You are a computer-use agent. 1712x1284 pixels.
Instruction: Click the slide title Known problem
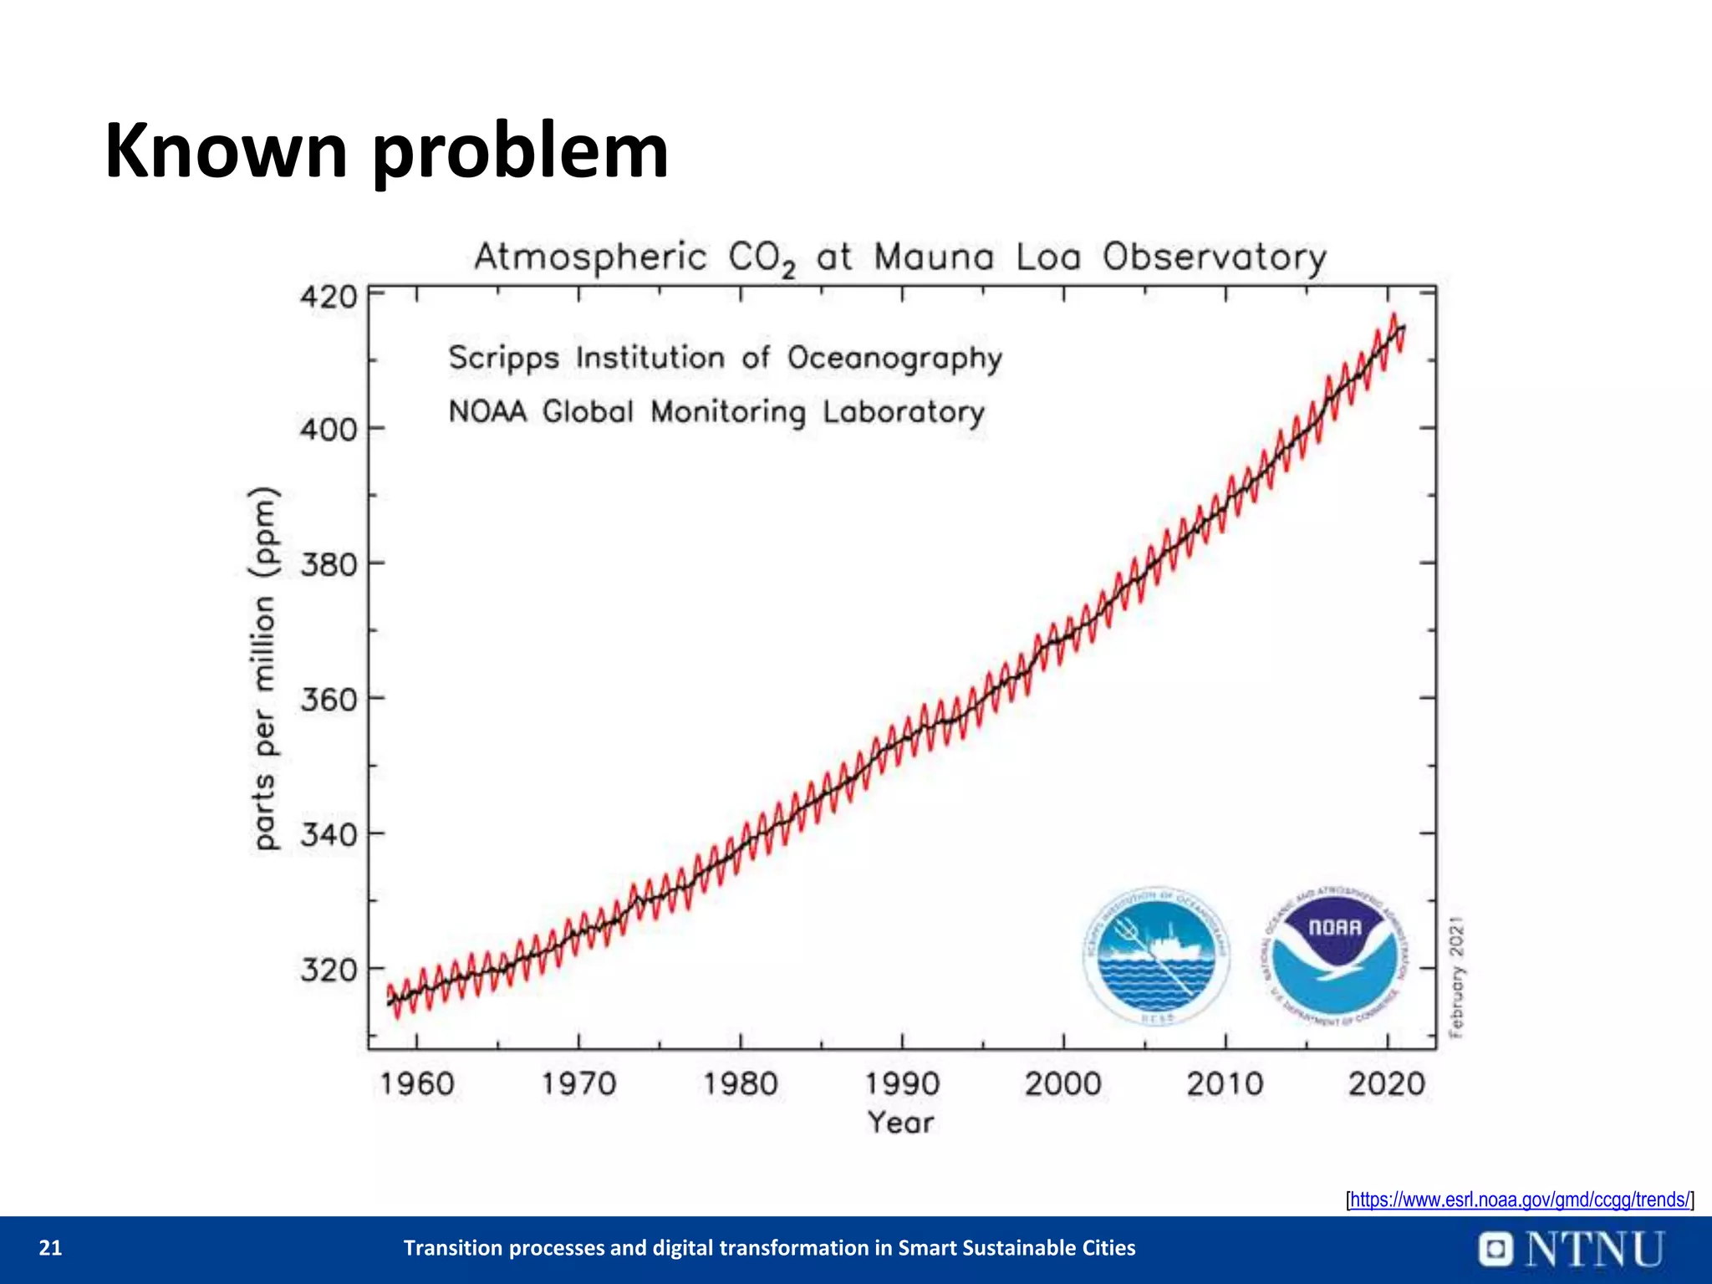tap(386, 152)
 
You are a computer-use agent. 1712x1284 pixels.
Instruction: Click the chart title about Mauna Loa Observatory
tap(900, 257)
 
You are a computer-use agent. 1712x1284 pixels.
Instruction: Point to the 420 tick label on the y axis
tap(329, 297)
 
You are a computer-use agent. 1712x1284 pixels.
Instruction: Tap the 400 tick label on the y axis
tap(329, 430)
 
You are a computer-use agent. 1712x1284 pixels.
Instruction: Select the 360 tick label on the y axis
tap(329, 699)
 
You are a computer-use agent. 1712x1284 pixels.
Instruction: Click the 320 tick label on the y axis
tap(329, 970)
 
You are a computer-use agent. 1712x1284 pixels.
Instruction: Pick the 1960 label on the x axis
tap(417, 1084)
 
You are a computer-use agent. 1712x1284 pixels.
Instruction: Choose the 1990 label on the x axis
tap(902, 1084)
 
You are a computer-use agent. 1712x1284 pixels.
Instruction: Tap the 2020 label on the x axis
tap(1386, 1084)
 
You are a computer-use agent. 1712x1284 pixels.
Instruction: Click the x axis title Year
tap(900, 1122)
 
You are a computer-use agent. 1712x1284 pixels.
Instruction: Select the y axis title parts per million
tap(264, 669)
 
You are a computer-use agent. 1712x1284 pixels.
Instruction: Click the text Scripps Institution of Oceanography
tap(725, 358)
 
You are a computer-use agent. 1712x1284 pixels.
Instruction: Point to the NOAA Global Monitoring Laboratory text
tap(716, 412)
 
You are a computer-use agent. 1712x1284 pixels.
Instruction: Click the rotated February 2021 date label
tap(1456, 977)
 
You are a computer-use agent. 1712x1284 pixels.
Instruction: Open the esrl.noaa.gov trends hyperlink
tap(1520, 1200)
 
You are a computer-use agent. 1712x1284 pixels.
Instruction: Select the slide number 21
tap(51, 1248)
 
